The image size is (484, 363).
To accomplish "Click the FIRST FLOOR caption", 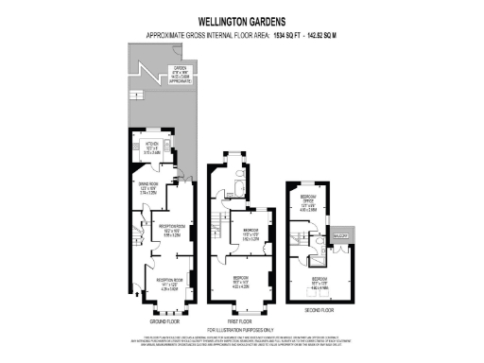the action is pos(241,321).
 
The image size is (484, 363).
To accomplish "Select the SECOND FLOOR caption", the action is pos(319,309).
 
